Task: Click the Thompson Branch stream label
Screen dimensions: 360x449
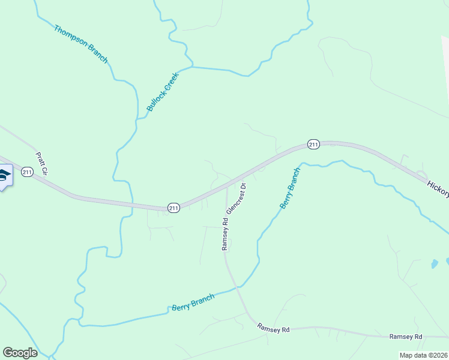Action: click(x=80, y=44)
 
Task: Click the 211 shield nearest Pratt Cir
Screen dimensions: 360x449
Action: click(x=26, y=172)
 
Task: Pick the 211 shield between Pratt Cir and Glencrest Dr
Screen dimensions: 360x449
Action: click(x=173, y=208)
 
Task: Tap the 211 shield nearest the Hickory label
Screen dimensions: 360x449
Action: click(x=313, y=144)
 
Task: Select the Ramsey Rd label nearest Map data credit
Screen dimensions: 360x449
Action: click(x=406, y=337)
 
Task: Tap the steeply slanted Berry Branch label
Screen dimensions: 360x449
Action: click(x=289, y=188)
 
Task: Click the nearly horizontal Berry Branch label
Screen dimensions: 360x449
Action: click(x=193, y=303)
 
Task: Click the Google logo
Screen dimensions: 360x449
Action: click(x=20, y=353)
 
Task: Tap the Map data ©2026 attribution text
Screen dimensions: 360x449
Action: click(x=424, y=355)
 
